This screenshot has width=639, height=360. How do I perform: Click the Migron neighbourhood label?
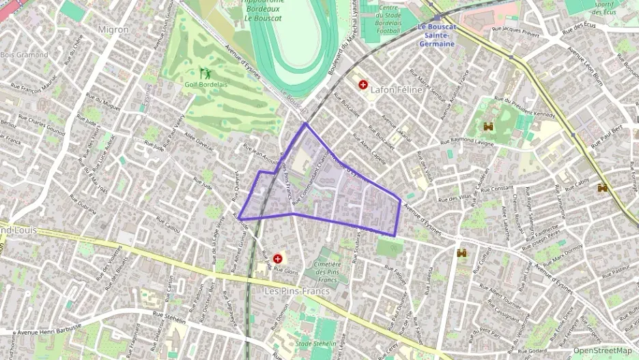pyautogui.click(x=113, y=29)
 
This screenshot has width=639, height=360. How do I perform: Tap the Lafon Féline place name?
pyautogui.click(x=393, y=89)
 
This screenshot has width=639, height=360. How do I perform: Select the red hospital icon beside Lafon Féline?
pyautogui.click(x=362, y=85)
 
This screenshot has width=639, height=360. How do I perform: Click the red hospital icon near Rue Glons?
pyautogui.click(x=278, y=259)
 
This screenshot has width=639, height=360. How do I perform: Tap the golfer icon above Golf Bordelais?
pyautogui.click(x=204, y=72)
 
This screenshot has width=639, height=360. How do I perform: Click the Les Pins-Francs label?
pyautogui.click(x=296, y=291)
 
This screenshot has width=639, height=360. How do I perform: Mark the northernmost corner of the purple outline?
pyautogui.click(x=305, y=124)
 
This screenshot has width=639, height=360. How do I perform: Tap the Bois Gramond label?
pyautogui.click(x=24, y=54)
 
